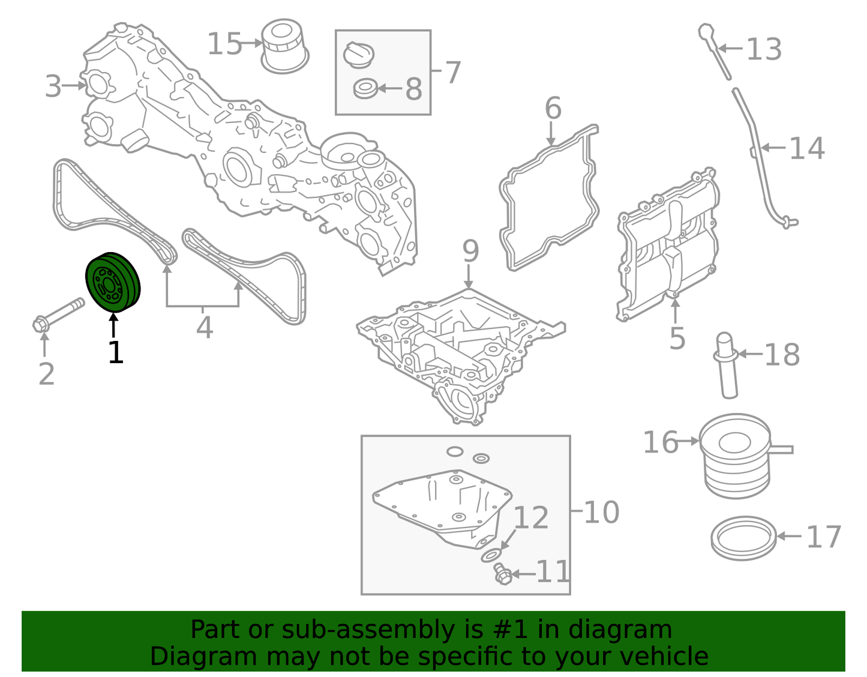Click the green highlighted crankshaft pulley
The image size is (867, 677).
pyautogui.click(x=113, y=283)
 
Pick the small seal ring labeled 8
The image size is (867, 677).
pyautogui.click(x=365, y=89)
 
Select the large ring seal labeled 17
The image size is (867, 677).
pyautogui.click(x=743, y=537)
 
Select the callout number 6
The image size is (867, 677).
pyautogui.click(x=553, y=109)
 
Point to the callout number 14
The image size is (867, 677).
pyautogui.click(x=806, y=148)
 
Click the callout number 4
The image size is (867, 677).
pyautogui.click(x=205, y=328)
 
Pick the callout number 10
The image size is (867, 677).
pyautogui.click(x=601, y=513)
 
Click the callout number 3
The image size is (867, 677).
pyautogui.click(x=53, y=86)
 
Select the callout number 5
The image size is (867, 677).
pyautogui.click(x=677, y=339)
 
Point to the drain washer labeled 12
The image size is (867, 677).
pyautogui.click(x=492, y=555)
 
